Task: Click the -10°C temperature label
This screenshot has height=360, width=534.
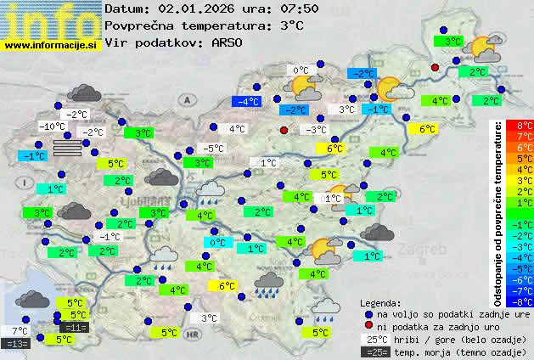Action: click(x=52, y=127)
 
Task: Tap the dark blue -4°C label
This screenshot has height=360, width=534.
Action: click(x=247, y=102)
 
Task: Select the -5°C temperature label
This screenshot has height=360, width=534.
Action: click(x=213, y=149)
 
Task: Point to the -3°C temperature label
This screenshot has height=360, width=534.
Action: click(x=315, y=130)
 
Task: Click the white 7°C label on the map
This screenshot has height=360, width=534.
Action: click(x=19, y=331)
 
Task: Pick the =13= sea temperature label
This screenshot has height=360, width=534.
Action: click(x=16, y=344)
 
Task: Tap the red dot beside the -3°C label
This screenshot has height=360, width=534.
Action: click(x=284, y=130)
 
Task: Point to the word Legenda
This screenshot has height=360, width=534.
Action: click(x=380, y=303)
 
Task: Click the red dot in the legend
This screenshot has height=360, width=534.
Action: click(x=368, y=326)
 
